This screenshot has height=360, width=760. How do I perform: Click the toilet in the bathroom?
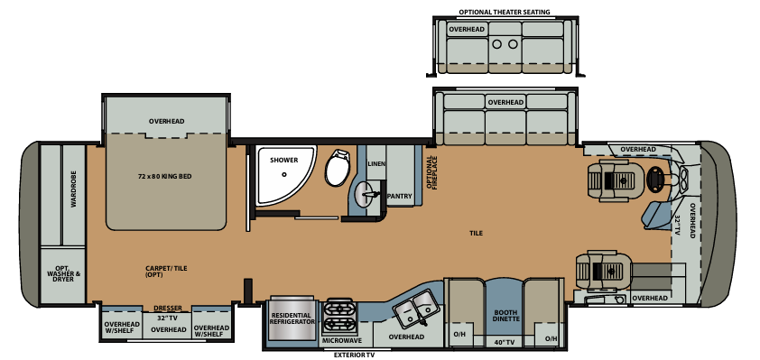(338, 167)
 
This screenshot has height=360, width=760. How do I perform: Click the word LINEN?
(377, 163)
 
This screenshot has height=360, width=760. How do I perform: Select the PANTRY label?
(399, 195)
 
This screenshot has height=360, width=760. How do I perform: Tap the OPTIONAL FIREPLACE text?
(432, 173)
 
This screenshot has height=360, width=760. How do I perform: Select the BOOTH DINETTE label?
(505, 318)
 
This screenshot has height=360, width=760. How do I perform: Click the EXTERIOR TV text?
(354, 355)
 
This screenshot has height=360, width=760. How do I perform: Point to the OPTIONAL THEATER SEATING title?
(504, 13)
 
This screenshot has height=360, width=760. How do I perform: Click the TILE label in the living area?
(476, 233)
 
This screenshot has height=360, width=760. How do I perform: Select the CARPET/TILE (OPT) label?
(164, 272)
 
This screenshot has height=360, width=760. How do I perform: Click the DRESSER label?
(167, 308)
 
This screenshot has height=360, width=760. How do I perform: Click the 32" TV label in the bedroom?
(167, 318)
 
